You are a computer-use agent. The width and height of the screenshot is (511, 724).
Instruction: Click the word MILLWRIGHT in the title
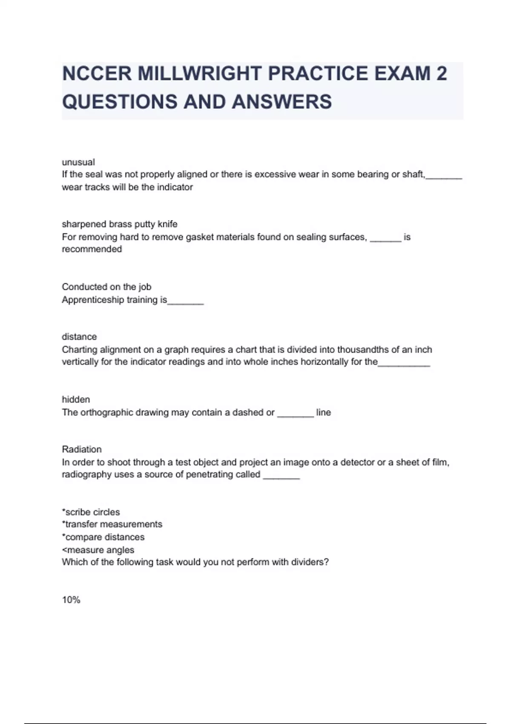199,73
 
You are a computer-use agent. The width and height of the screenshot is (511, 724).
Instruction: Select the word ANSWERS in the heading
281,102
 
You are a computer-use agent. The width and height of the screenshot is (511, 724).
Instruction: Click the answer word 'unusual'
78,162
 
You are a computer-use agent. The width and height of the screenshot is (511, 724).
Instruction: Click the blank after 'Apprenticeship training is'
186,302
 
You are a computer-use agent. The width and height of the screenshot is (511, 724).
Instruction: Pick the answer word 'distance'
79,337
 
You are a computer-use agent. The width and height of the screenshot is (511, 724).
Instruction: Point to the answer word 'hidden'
76,399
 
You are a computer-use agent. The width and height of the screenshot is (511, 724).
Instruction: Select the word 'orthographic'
107,412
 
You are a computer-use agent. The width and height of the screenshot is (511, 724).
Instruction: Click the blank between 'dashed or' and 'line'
295,414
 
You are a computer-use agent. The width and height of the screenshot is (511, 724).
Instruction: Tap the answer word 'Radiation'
82,449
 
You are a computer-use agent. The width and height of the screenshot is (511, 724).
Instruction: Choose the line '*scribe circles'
91,512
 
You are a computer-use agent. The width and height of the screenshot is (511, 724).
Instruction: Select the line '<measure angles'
98,550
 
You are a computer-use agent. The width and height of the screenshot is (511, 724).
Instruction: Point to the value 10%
71,600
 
